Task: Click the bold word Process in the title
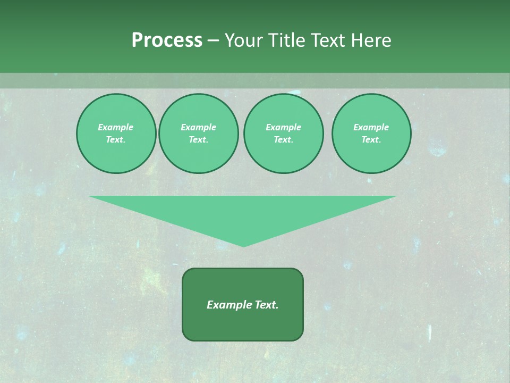[167, 40]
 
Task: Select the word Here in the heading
[370, 40]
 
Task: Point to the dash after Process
[213, 41]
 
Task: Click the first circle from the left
[116, 134]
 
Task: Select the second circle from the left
[198, 134]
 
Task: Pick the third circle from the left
[283, 134]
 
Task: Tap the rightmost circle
[371, 134]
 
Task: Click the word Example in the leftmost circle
[116, 128]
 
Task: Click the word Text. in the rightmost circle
[371, 140]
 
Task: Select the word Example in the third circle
[283, 128]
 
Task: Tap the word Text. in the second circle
[198, 140]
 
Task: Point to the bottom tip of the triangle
[243, 246]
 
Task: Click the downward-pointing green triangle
[243, 213]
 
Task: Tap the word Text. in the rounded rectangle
[266, 305]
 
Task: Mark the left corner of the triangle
[90, 196]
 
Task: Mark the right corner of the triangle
[395, 196]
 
